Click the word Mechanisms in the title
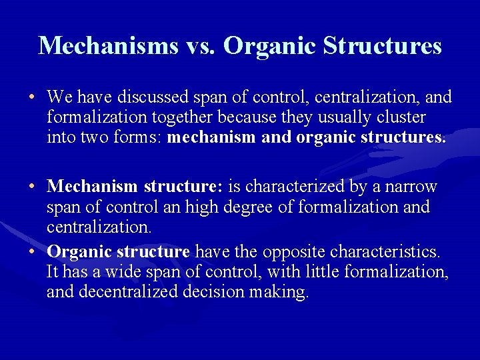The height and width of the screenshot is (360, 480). [x=109, y=45]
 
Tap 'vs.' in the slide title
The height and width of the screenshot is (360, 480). [x=200, y=45]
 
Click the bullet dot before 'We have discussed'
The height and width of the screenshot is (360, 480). [x=32, y=98]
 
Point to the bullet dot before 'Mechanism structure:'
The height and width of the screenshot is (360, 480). [x=32, y=186]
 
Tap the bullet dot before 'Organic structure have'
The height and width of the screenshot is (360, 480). [x=32, y=253]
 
